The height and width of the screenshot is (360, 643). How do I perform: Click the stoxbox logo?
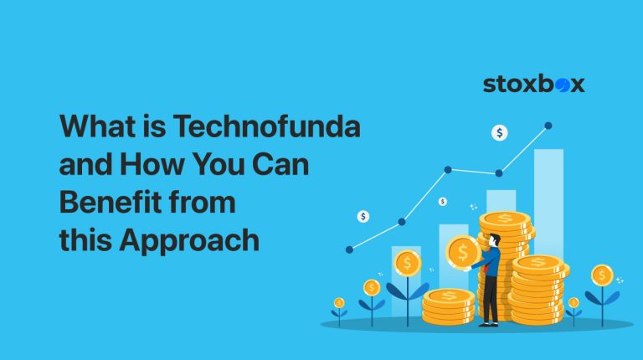(533, 84)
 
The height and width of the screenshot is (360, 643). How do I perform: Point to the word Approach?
(188, 240)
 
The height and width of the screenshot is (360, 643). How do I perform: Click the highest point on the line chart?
(548, 126)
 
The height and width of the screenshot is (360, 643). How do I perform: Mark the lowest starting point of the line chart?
(349, 249)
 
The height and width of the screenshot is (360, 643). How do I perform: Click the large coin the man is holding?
(463, 251)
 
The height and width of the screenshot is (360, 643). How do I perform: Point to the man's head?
(494, 240)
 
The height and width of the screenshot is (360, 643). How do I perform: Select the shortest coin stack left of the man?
(448, 306)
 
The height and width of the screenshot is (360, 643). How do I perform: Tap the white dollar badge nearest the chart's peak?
(500, 132)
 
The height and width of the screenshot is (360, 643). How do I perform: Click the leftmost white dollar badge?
(363, 216)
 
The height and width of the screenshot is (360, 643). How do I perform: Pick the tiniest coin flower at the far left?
(338, 304)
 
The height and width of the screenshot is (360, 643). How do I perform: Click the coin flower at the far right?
(602, 275)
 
